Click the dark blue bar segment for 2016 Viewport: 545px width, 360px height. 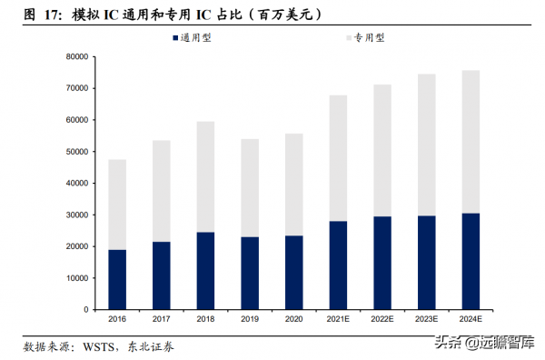117,280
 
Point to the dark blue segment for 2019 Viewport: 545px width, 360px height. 250,274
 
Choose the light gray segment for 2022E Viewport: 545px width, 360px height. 382,150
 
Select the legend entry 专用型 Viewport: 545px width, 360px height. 365,37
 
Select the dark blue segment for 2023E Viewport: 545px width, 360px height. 426,263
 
